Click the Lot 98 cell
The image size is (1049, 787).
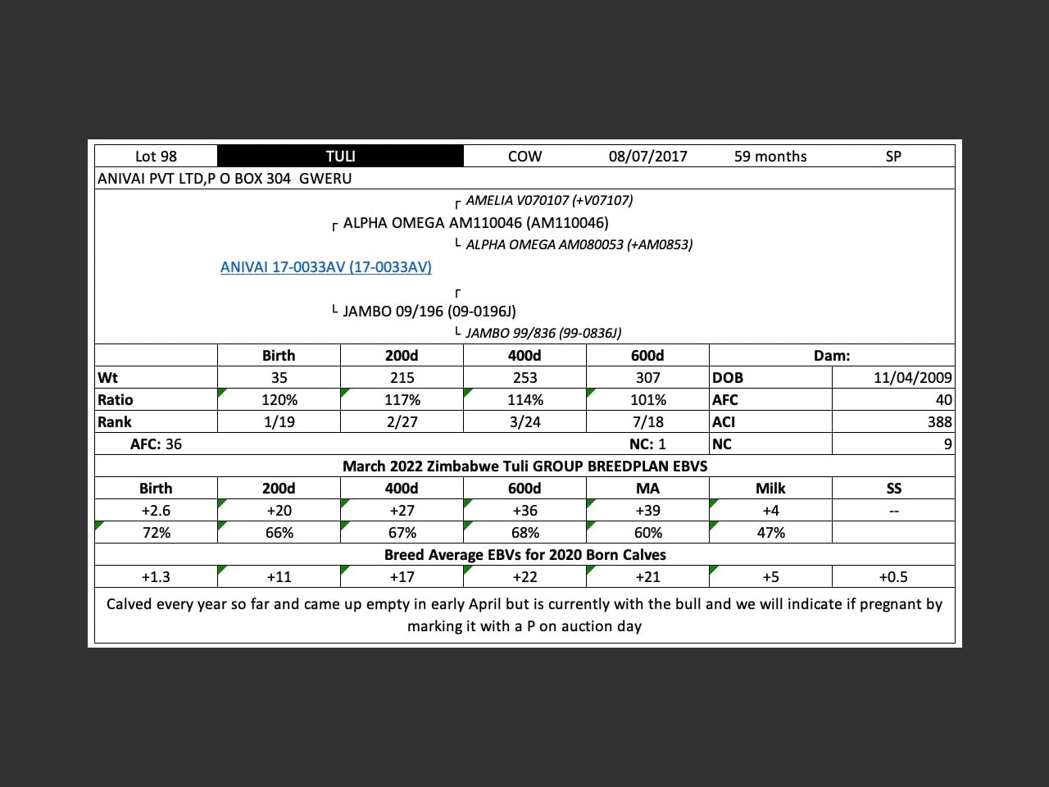pos(156,157)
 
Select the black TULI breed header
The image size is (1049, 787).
pos(340,157)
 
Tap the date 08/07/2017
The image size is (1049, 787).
pos(647,157)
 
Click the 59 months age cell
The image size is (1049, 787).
pos(770,157)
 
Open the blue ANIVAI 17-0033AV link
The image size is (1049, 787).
pos(325,267)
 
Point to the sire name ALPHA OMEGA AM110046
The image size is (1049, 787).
pos(475,223)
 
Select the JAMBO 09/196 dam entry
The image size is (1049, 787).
pos(429,312)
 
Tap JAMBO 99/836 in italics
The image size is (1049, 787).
pos(543,333)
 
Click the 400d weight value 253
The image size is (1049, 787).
pos(524,378)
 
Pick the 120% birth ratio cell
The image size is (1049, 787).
pos(279,400)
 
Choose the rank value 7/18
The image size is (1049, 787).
pos(647,422)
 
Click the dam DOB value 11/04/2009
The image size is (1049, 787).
pos(912,378)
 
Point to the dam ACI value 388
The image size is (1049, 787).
pos(939,422)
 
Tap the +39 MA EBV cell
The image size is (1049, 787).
pos(647,511)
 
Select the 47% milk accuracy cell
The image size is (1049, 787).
pos(770,533)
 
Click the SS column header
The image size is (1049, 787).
pos(893,489)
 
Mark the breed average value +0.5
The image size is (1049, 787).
pos(893,577)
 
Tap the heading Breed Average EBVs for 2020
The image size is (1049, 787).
pos(524,555)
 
